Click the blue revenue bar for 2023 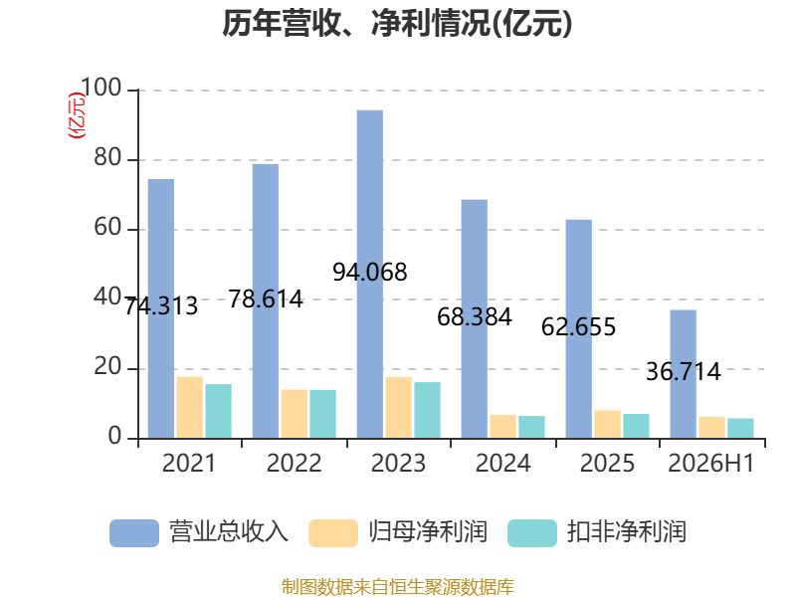pos(369,275)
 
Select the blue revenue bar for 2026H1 pos(683,374)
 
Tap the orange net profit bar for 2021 pos(190,407)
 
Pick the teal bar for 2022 pos(322,414)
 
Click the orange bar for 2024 pos(503,427)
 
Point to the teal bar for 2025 pos(636,426)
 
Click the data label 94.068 pos(370,272)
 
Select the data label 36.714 pos(684,371)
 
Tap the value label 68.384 pos(475,317)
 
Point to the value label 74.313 pos(161,306)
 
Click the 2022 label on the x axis pos(294,463)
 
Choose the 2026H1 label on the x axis pos(711,463)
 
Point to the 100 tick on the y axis pos(101,88)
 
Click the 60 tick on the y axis pos(107,227)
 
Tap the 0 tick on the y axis pos(114,436)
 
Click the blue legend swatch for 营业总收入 pos(134,533)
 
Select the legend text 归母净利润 pos(428,532)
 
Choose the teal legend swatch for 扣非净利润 pos(532,533)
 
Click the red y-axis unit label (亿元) pos(77,115)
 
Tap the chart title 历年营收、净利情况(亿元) pos(397,23)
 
